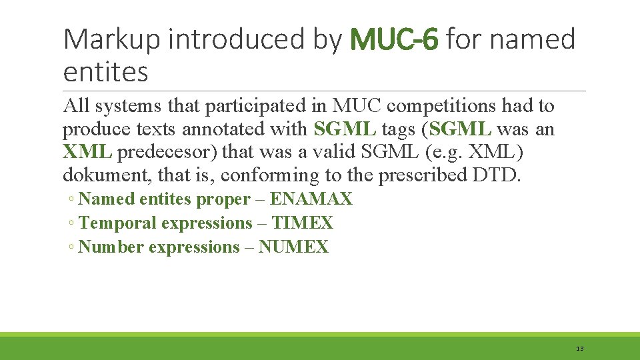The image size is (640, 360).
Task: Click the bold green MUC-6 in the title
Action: (x=393, y=40)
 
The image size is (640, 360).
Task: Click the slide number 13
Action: (x=579, y=349)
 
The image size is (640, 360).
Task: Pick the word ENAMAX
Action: (x=311, y=199)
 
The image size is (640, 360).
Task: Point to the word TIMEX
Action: (x=302, y=223)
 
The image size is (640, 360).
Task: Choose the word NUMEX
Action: (x=293, y=247)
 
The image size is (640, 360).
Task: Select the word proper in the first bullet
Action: (x=222, y=199)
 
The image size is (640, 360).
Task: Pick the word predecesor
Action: (x=167, y=151)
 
